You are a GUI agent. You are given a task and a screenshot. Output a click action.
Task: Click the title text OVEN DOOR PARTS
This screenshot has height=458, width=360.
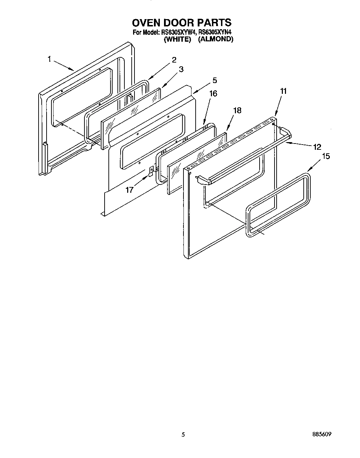[181, 23]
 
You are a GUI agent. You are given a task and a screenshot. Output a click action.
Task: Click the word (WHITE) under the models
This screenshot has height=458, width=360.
[177, 39]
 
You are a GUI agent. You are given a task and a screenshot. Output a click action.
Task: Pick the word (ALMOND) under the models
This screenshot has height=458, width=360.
[215, 39]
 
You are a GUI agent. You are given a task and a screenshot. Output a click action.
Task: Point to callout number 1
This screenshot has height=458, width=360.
[50, 59]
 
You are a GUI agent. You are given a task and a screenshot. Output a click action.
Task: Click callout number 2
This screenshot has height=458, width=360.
[174, 59]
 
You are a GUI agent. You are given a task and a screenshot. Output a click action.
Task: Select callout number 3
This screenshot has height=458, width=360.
[181, 69]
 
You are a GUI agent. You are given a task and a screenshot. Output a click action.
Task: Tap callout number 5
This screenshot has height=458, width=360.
[214, 80]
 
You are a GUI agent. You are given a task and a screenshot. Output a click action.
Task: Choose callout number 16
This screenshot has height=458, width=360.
[213, 93]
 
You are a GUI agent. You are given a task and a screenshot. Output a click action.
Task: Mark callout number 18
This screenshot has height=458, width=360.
[237, 111]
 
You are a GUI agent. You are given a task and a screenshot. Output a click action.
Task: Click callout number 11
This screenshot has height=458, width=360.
[284, 91]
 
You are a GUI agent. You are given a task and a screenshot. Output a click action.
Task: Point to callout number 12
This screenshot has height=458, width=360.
[317, 147]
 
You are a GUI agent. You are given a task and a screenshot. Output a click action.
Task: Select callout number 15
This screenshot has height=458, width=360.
[326, 156]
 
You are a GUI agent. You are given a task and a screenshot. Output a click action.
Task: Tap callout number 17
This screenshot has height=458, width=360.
[129, 190]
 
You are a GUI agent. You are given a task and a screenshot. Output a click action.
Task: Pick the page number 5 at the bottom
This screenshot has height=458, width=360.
[183, 434]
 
